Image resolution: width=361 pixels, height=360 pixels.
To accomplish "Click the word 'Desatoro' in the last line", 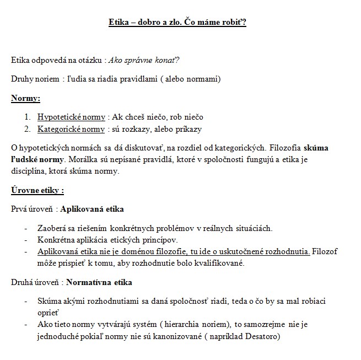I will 262,336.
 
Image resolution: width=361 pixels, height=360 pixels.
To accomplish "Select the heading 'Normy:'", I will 25,99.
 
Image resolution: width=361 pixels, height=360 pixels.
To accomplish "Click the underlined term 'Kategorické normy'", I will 71,130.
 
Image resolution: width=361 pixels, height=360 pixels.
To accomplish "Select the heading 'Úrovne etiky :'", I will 37,191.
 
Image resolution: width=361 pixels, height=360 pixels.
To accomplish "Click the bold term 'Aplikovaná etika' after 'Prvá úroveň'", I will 92,209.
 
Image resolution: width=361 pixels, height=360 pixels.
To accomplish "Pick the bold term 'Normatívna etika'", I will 99,283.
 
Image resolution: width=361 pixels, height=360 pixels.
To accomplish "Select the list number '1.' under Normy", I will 28,117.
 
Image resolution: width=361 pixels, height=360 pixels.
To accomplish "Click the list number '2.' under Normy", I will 28,130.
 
